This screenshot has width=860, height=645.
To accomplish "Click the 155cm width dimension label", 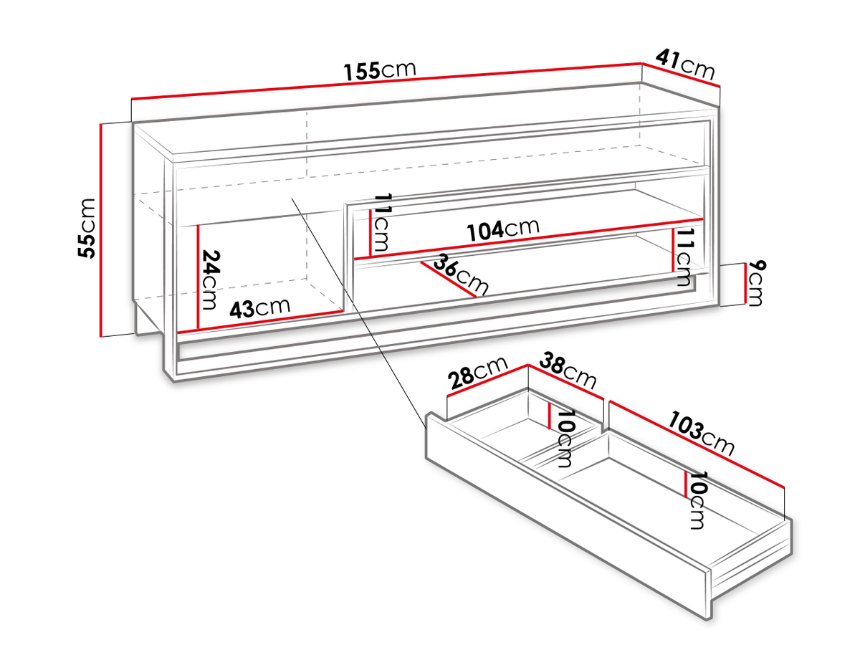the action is pos(379,71).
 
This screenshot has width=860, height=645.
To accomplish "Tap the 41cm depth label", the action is pos(685,64).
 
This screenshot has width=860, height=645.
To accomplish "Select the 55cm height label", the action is pos(87,229).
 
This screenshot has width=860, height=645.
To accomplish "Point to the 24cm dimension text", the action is pos(210,279).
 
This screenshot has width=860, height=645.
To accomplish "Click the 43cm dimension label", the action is pos(259,308).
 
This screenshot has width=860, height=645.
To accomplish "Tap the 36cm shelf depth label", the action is pos(461,274).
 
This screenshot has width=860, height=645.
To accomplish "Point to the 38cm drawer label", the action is pos(568,371).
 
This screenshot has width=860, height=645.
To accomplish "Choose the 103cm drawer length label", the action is pos(700,433).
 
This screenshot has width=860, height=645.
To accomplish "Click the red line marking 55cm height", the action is pos(101,230).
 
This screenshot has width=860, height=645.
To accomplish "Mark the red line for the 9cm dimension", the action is pos(745,284).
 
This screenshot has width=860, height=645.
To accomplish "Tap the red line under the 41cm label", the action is pos(681,75).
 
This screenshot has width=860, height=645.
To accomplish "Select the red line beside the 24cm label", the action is pos(199,277).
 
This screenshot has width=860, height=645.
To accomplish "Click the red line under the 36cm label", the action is pos(449,279).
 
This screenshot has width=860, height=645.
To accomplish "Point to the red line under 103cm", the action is pos(696,444).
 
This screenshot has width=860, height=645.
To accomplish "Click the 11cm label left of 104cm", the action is pos(381,222).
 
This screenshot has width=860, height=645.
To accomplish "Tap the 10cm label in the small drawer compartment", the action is pos(565,439).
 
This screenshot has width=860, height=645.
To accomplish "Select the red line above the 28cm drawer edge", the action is pos(487,381).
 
